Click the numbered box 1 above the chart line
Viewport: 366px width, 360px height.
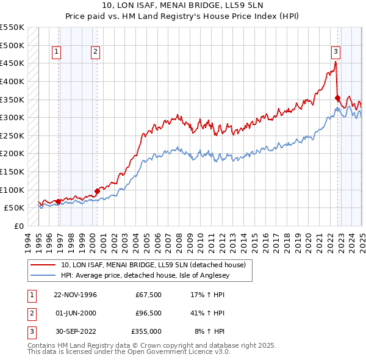point(56,52)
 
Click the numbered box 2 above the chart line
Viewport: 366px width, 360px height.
point(96,52)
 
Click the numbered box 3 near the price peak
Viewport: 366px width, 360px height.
point(336,52)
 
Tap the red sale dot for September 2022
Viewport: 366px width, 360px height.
point(337,98)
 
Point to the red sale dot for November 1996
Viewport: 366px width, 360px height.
point(59,201)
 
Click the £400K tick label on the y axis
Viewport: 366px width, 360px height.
point(12,81)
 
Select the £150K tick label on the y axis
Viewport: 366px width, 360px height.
point(12,171)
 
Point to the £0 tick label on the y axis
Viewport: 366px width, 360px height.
point(18,226)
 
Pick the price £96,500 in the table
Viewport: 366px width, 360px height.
point(148,314)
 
